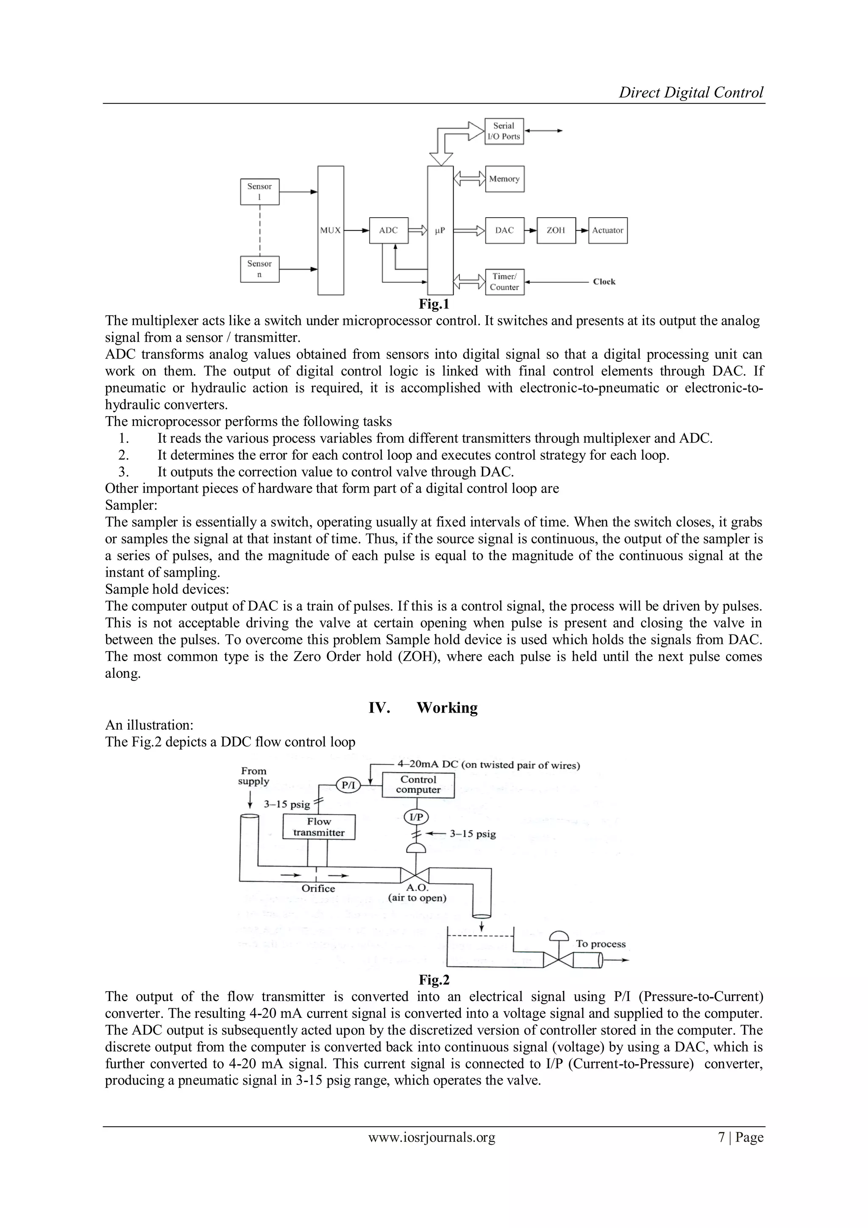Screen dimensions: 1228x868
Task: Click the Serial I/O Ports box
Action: click(504, 131)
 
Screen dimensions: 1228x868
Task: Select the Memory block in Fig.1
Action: click(504, 179)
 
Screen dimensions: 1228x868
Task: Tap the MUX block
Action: click(330, 230)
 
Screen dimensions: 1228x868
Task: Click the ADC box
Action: click(389, 230)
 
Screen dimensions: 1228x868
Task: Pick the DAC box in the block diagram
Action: click(504, 230)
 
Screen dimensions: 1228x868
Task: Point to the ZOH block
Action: click(556, 230)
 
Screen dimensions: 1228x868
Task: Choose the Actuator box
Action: click(608, 230)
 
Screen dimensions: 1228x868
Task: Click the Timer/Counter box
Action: click(504, 282)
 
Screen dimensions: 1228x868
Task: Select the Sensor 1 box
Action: click(260, 191)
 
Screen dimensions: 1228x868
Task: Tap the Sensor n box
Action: click(260, 269)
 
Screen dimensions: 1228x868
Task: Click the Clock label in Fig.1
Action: click(604, 282)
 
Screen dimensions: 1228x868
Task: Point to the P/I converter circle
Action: click(348, 785)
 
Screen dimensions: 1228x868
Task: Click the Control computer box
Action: click(418, 785)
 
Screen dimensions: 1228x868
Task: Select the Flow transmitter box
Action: click(319, 827)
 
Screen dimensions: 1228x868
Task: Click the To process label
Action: click(601, 944)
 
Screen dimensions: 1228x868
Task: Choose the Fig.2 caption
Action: click(434, 980)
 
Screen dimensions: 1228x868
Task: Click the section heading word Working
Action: click(447, 708)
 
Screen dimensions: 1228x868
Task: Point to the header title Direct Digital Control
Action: click(691, 92)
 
